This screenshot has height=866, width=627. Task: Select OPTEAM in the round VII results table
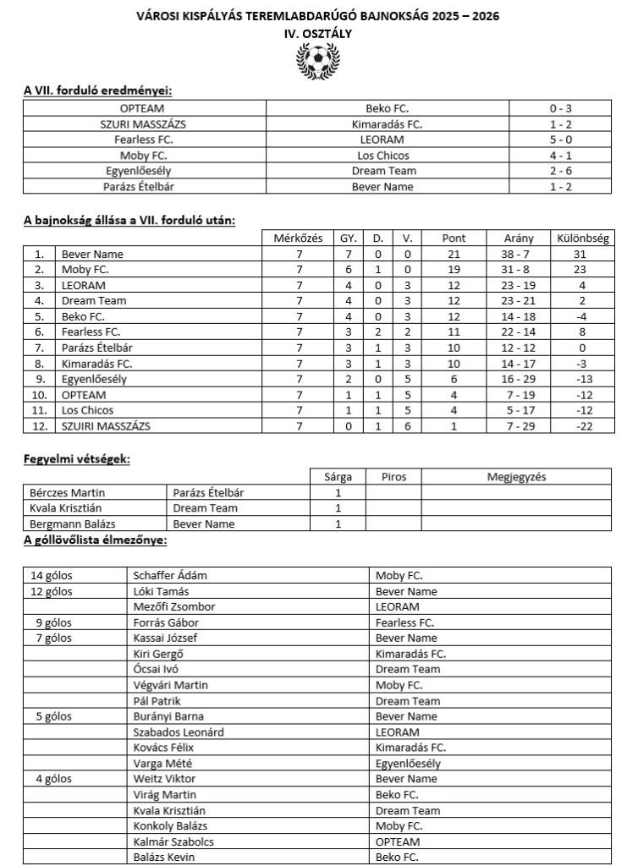tap(142, 108)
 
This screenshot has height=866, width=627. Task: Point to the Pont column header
tap(454, 238)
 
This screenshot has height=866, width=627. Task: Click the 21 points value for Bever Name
tap(454, 254)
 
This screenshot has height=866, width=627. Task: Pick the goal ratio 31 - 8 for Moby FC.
tap(519, 269)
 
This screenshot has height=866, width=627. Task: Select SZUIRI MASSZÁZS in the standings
tap(106, 426)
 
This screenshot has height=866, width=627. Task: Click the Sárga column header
tap(338, 476)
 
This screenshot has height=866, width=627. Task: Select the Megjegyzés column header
tap(516, 476)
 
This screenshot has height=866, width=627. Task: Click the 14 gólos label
tap(52, 575)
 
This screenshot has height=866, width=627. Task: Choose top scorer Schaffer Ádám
tap(170, 575)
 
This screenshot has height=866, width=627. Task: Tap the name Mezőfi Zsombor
tap(174, 606)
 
